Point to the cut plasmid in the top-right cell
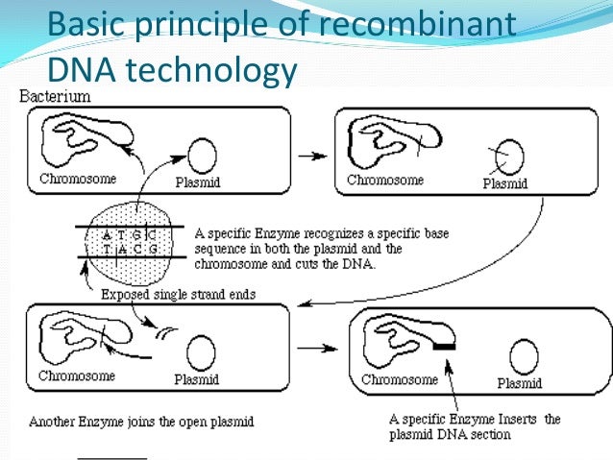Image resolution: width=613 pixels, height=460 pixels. pyautogui.click(x=508, y=157)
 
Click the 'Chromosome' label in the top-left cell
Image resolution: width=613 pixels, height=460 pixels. pyautogui.click(x=78, y=179)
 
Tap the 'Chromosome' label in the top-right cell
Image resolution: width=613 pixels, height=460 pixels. pyautogui.click(x=384, y=180)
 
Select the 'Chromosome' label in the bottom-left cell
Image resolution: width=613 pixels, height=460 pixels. pyautogui.click(x=77, y=375)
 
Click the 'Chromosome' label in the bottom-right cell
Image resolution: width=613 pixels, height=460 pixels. pyautogui.click(x=401, y=379)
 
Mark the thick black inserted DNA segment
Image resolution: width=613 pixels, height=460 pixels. pyautogui.click(x=445, y=343)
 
